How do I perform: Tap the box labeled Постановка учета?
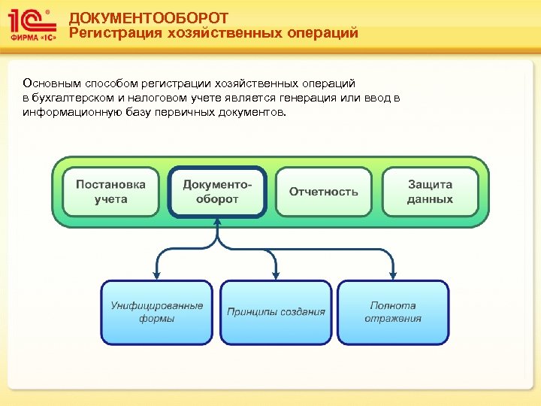[111, 192]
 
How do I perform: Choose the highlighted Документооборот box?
[218, 192]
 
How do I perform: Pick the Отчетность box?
[324, 192]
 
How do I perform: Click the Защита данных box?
[430, 192]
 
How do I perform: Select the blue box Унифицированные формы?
[157, 312]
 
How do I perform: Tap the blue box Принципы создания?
[276, 312]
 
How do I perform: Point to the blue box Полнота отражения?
[393, 312]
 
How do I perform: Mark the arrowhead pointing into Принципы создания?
[276, 274]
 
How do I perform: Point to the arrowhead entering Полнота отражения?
[393, 274]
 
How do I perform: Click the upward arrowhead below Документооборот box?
[218, 223]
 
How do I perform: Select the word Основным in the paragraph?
[47, 83]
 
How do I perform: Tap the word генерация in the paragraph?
[302, 98]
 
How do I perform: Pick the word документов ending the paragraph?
[254, 112]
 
